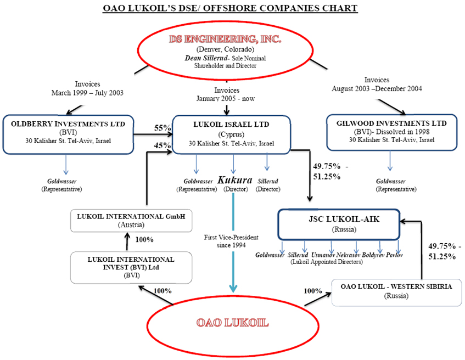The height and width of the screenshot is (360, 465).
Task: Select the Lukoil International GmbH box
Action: click(x=130, y=220)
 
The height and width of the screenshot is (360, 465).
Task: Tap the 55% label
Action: click(x=161, y=128)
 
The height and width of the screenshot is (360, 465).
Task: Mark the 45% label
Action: click(x=161, y=145)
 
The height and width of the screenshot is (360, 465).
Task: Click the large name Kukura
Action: click(x=234, y=180)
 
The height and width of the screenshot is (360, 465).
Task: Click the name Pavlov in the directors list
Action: click(x=394, y=255)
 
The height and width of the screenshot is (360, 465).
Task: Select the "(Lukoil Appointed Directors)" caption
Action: click(x=326, y=262)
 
